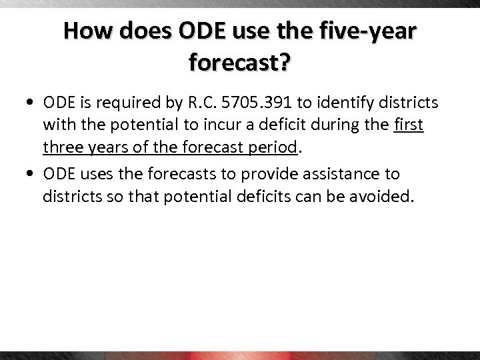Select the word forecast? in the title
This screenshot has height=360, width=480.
240,63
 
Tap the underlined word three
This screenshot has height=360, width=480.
62,147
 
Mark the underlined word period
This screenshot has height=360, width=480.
271,148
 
